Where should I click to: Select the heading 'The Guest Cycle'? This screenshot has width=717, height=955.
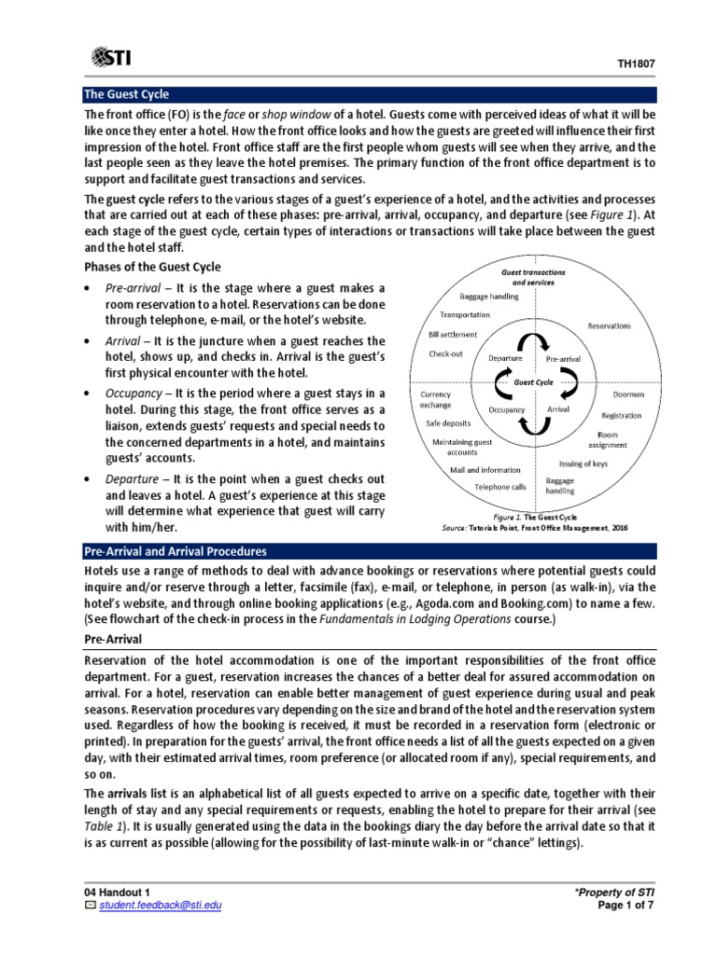tap(127, 94)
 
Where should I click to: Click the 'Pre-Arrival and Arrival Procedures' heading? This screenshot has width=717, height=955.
tap(176, 551)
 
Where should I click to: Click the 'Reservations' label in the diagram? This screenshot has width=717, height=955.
tap(609, 325)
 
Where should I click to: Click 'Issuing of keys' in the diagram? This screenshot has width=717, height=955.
tap(584, 463)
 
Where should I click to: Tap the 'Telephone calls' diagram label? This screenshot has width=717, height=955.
tap(499, 486)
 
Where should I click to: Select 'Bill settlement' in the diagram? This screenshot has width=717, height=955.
tap(453, 334)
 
